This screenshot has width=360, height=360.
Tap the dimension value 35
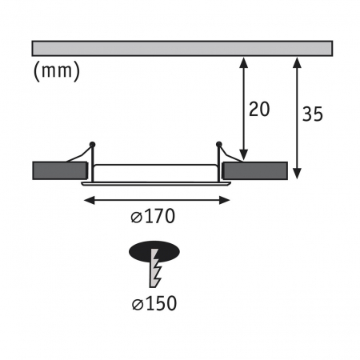(313, 115)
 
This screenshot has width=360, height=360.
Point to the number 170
(159, 215)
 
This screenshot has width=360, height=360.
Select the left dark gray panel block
(59, 170)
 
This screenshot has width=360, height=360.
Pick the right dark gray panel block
(256, 170)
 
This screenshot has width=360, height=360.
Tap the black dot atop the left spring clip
(93, 144)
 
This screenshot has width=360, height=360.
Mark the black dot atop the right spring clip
(218, 144)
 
